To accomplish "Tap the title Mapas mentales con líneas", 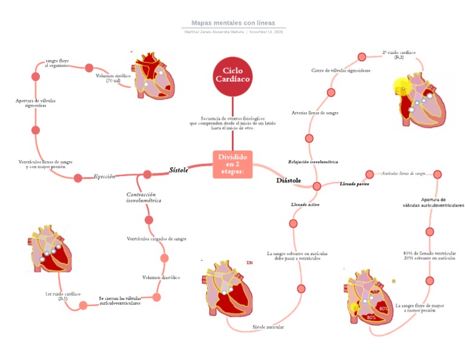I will pos(233,22).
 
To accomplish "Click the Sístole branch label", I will pos(179,170).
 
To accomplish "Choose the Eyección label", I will pos(104,176).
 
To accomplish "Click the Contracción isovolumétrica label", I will pos(143,197).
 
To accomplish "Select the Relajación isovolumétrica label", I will pos(313,162).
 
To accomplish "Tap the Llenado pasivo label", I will pos(355,183).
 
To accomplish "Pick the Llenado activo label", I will pos(305,205).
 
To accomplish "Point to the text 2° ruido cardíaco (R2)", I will pos(399,55).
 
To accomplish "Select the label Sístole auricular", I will pos(268,327).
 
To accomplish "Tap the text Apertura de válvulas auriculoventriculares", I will pos(434,202).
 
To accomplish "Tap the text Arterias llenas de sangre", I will pos(315,113).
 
